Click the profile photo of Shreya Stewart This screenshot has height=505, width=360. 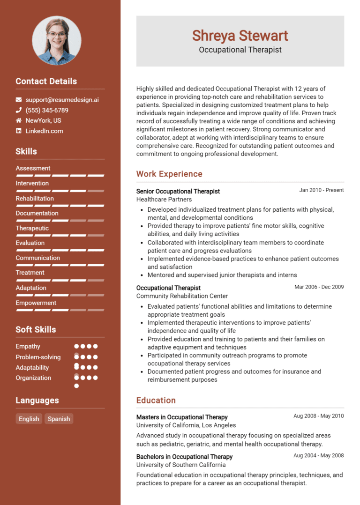[x=56, y=40]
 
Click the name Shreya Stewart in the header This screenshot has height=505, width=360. [x=240, y=36]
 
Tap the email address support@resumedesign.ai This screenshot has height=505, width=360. [x=62, y=100]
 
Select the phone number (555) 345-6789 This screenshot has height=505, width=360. [x=47, y=110]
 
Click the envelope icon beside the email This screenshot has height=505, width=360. [x=19, y=100]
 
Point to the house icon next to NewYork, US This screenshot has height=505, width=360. [x=19, y=120]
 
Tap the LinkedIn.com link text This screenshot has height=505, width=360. [x=44, y=131]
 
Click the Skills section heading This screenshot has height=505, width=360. [x=26, y=151]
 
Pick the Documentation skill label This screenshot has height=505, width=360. [x=37, y=213]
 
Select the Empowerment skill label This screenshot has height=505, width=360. [x=36, y=303]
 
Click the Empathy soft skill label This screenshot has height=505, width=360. [x=28, y=346]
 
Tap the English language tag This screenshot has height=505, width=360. [x=29, y=419]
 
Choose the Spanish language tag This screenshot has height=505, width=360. [x=59, y=419]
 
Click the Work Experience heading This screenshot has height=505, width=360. [x=169, y=174]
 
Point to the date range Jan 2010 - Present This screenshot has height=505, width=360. [x=322, y=190]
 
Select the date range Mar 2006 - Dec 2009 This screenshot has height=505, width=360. [x=319, y=287]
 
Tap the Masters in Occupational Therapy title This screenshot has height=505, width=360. [x=182, y=417]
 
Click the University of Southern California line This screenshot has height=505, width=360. [x=181, y=465]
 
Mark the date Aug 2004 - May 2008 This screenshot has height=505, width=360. [x=319, y=456]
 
